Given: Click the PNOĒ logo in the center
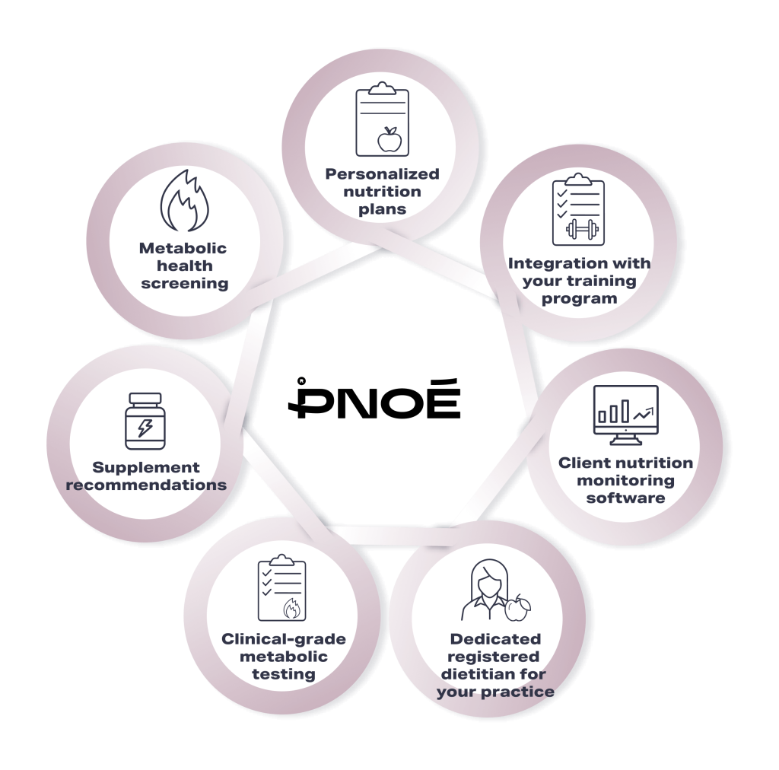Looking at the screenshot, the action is (374, 398).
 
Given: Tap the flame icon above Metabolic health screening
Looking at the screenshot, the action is (185, 200).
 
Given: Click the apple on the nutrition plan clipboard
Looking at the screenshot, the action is (389, 138).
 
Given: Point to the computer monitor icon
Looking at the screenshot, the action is (626, 415).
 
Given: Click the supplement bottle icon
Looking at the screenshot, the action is (145, 422).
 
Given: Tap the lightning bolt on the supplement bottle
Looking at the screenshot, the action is (145, 427).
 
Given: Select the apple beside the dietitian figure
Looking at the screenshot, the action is (517, 608).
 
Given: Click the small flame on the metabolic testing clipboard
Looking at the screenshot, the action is (291, 608).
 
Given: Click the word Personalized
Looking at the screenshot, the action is (382, 174).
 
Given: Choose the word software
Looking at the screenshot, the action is (625, 498).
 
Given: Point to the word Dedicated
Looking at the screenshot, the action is (495, 639).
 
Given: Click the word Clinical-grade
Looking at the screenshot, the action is (284, 639).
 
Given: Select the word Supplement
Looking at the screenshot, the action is (146, 467).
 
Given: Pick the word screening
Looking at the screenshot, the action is (184, 284).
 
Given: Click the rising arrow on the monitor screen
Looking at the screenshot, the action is (644, 412).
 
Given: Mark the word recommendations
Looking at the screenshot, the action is (146, 485).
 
